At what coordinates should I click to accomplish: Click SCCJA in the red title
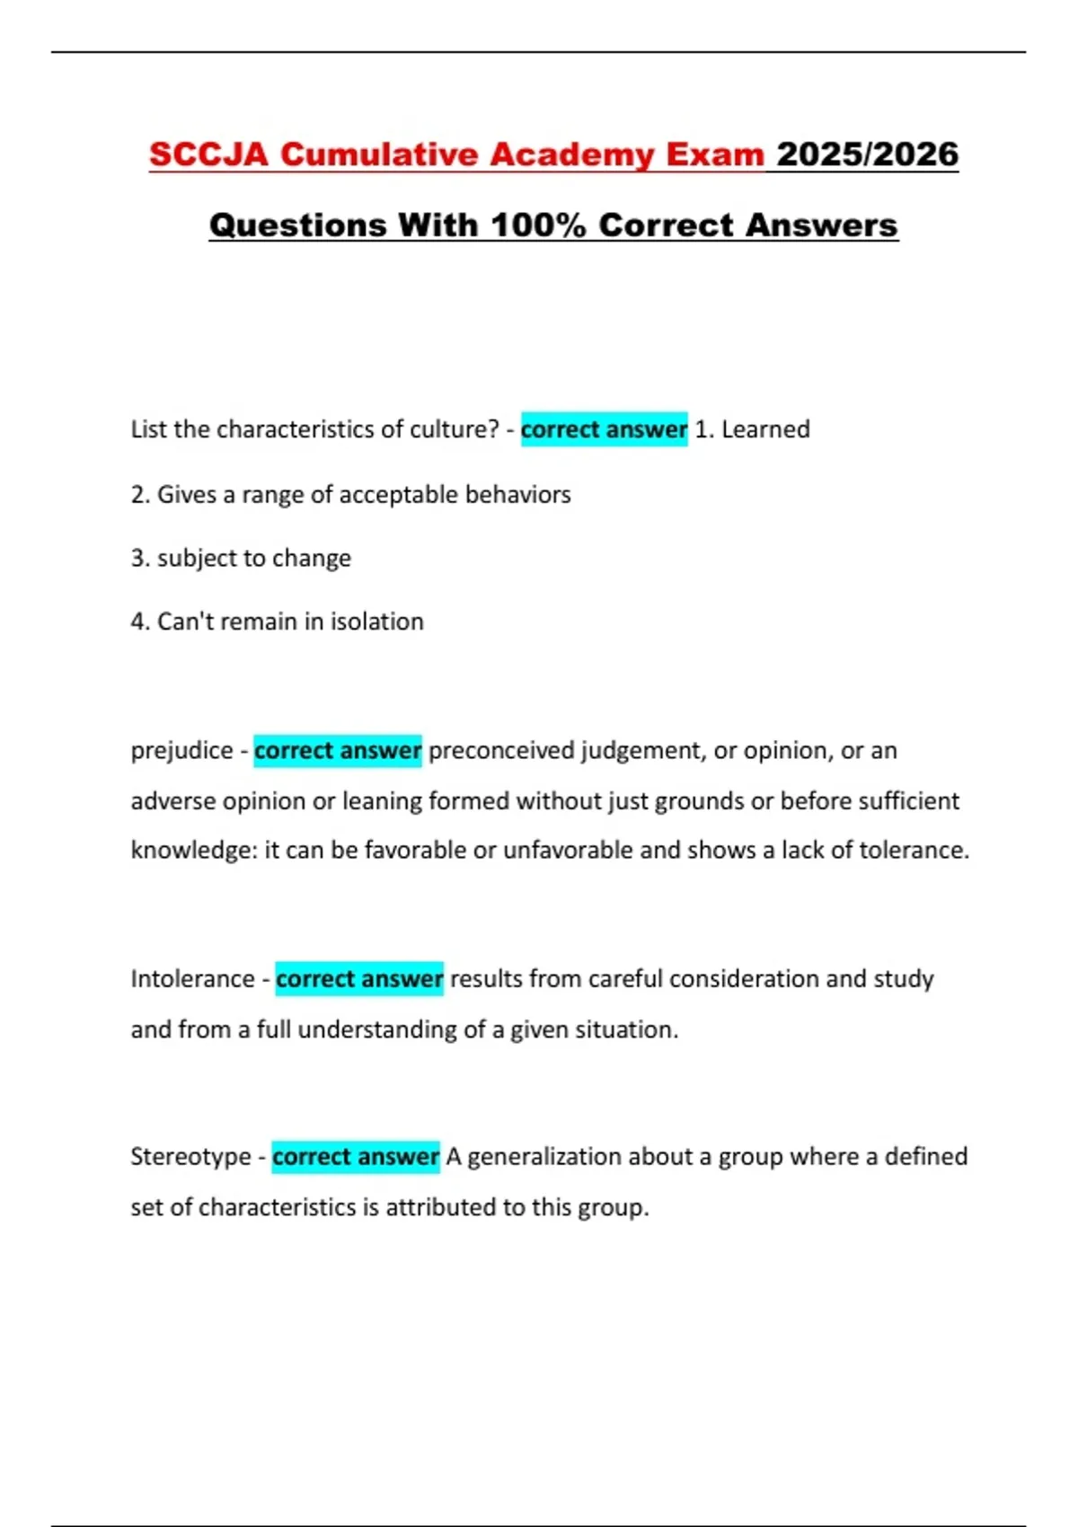point(208,154)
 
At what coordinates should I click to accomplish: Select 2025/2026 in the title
point(867,154)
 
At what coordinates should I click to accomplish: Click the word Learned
point(765,429)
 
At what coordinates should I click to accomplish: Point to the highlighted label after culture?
point(604,429)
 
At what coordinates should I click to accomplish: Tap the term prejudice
point(181,750)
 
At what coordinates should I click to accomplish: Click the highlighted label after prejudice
point(338,750)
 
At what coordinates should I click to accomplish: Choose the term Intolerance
point(192,978)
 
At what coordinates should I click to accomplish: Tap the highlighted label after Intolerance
point(359,978)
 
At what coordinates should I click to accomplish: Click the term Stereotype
point(190,1156)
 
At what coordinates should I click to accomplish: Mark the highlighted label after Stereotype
point(356,1156)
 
